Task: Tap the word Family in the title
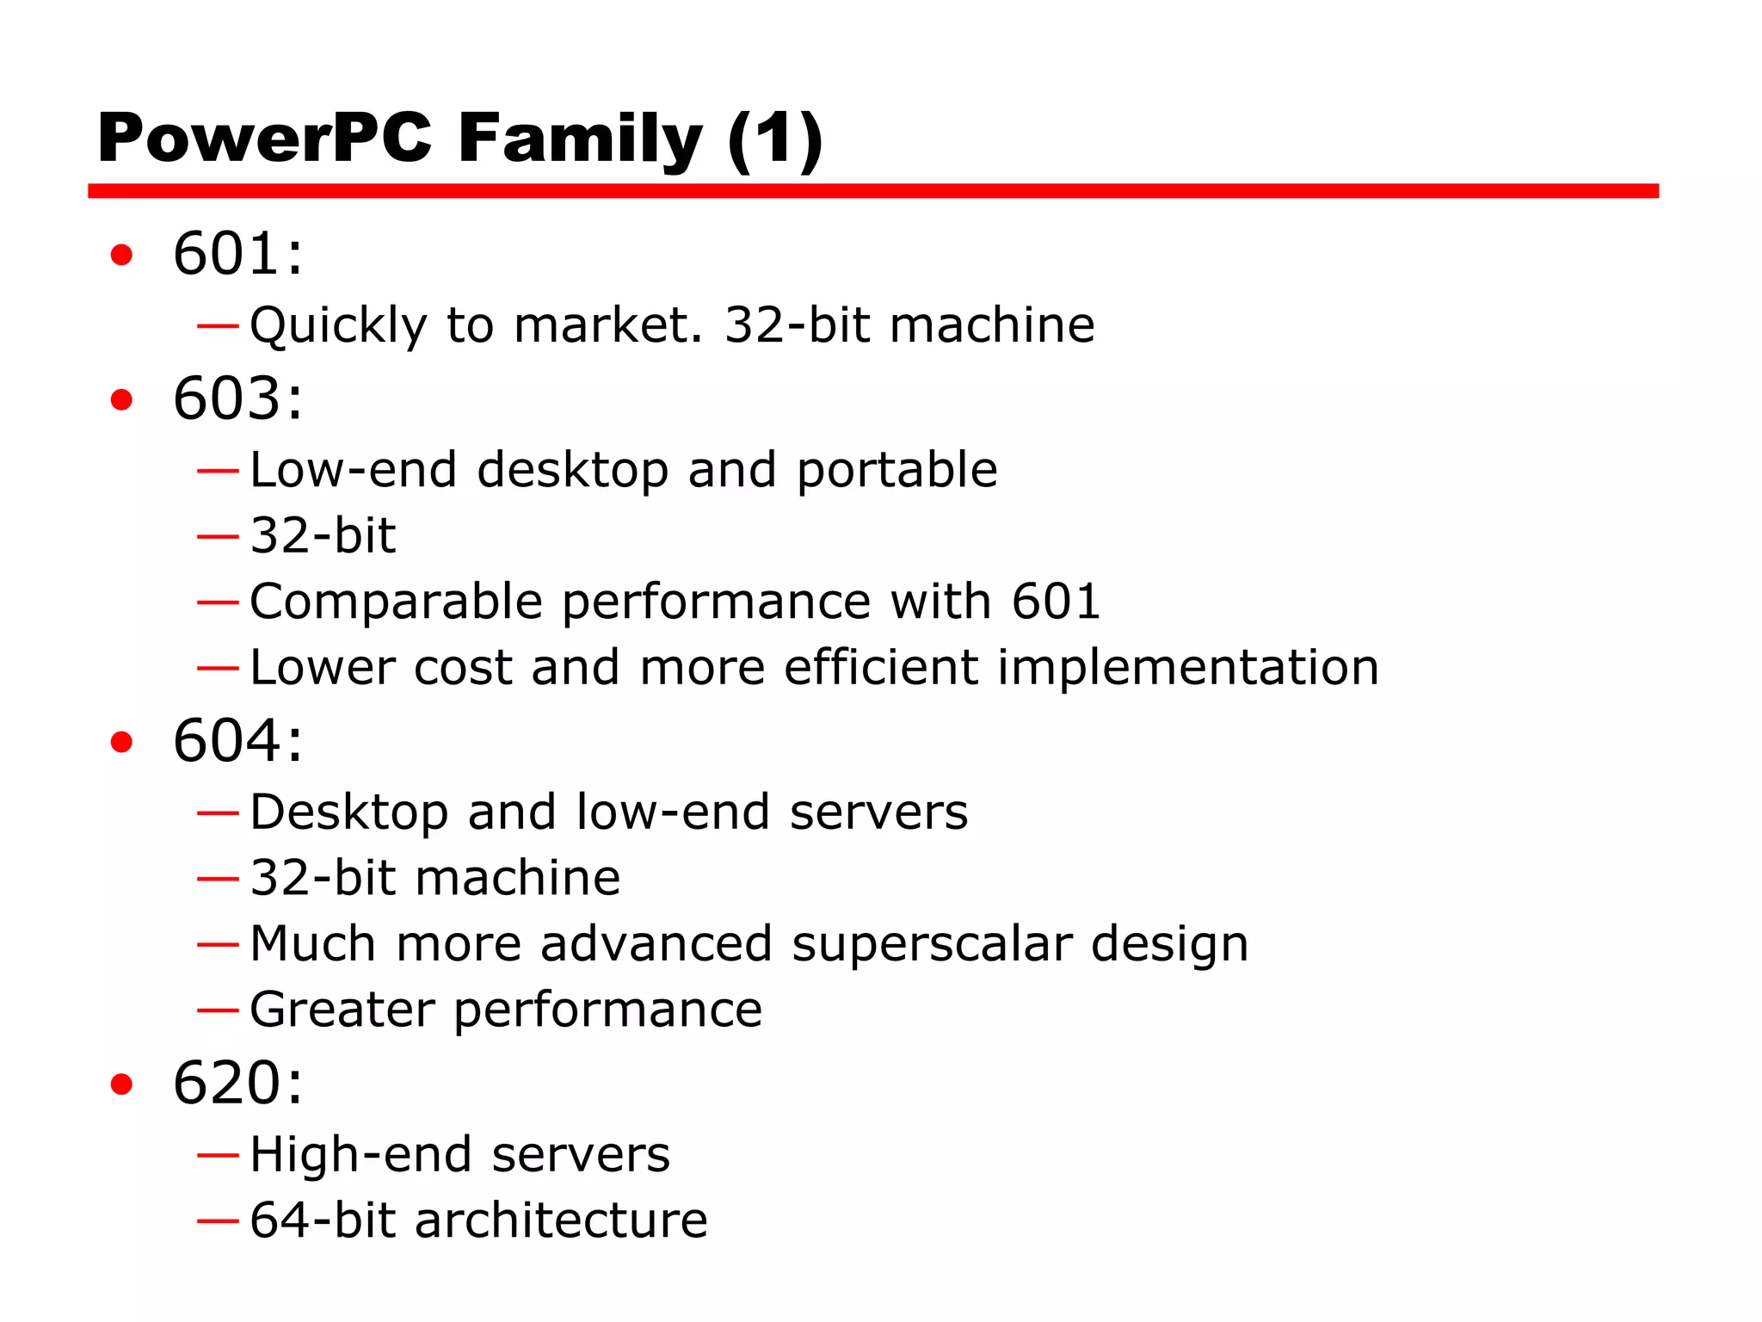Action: click(580, 139)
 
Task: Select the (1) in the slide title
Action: click(775, 139)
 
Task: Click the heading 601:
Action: click(238, 254)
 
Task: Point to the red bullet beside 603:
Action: click(121, 399)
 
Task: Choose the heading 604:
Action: click(238, 740)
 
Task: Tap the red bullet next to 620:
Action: click(121, 1084)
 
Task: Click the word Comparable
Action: click(396, 602)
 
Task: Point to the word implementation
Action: click(1188, 667)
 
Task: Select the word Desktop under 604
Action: click(348, 812)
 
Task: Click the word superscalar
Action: click(931, 943)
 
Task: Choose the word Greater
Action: click(342, 1010)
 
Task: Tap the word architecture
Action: click(561, 1220)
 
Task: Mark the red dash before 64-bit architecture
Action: click(217, 1220)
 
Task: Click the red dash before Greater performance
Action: click(217, 1010)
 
